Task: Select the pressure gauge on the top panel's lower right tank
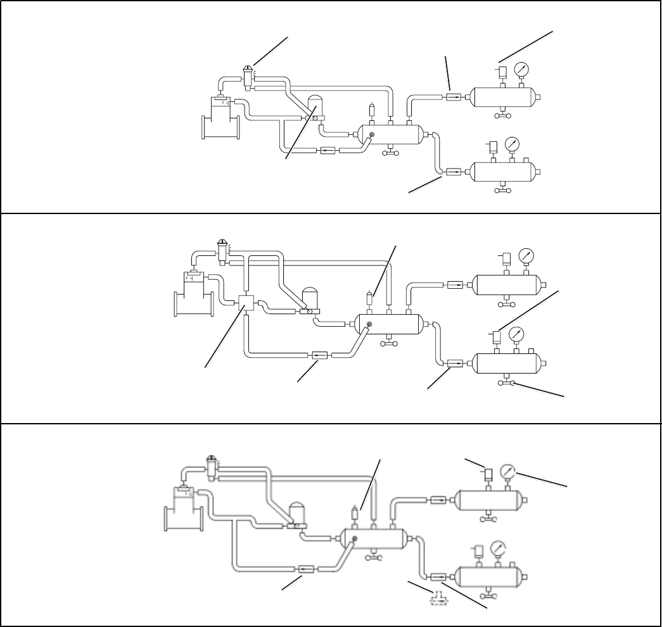[512, 145]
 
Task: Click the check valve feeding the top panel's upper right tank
[454, 97]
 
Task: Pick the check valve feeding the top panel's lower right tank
[454, 171]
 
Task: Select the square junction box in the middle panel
[247, 303]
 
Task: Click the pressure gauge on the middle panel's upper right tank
[526, 256]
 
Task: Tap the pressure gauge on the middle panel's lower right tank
[518, 334]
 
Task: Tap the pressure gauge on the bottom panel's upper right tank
[508, 472]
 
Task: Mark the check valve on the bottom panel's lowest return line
[306, 569]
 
